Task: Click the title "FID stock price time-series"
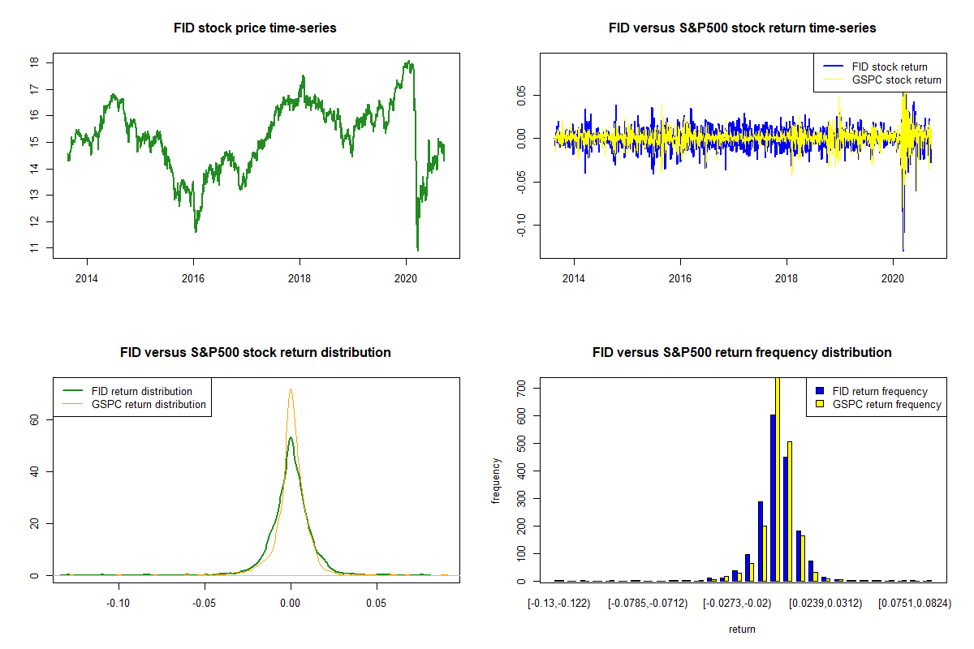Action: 255,28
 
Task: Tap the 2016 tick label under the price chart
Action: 193,277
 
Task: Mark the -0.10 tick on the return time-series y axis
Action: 531,224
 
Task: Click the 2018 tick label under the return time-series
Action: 787,277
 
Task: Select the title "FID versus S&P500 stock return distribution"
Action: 255,353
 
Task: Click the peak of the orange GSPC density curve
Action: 291,389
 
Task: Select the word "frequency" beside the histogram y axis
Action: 496,481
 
